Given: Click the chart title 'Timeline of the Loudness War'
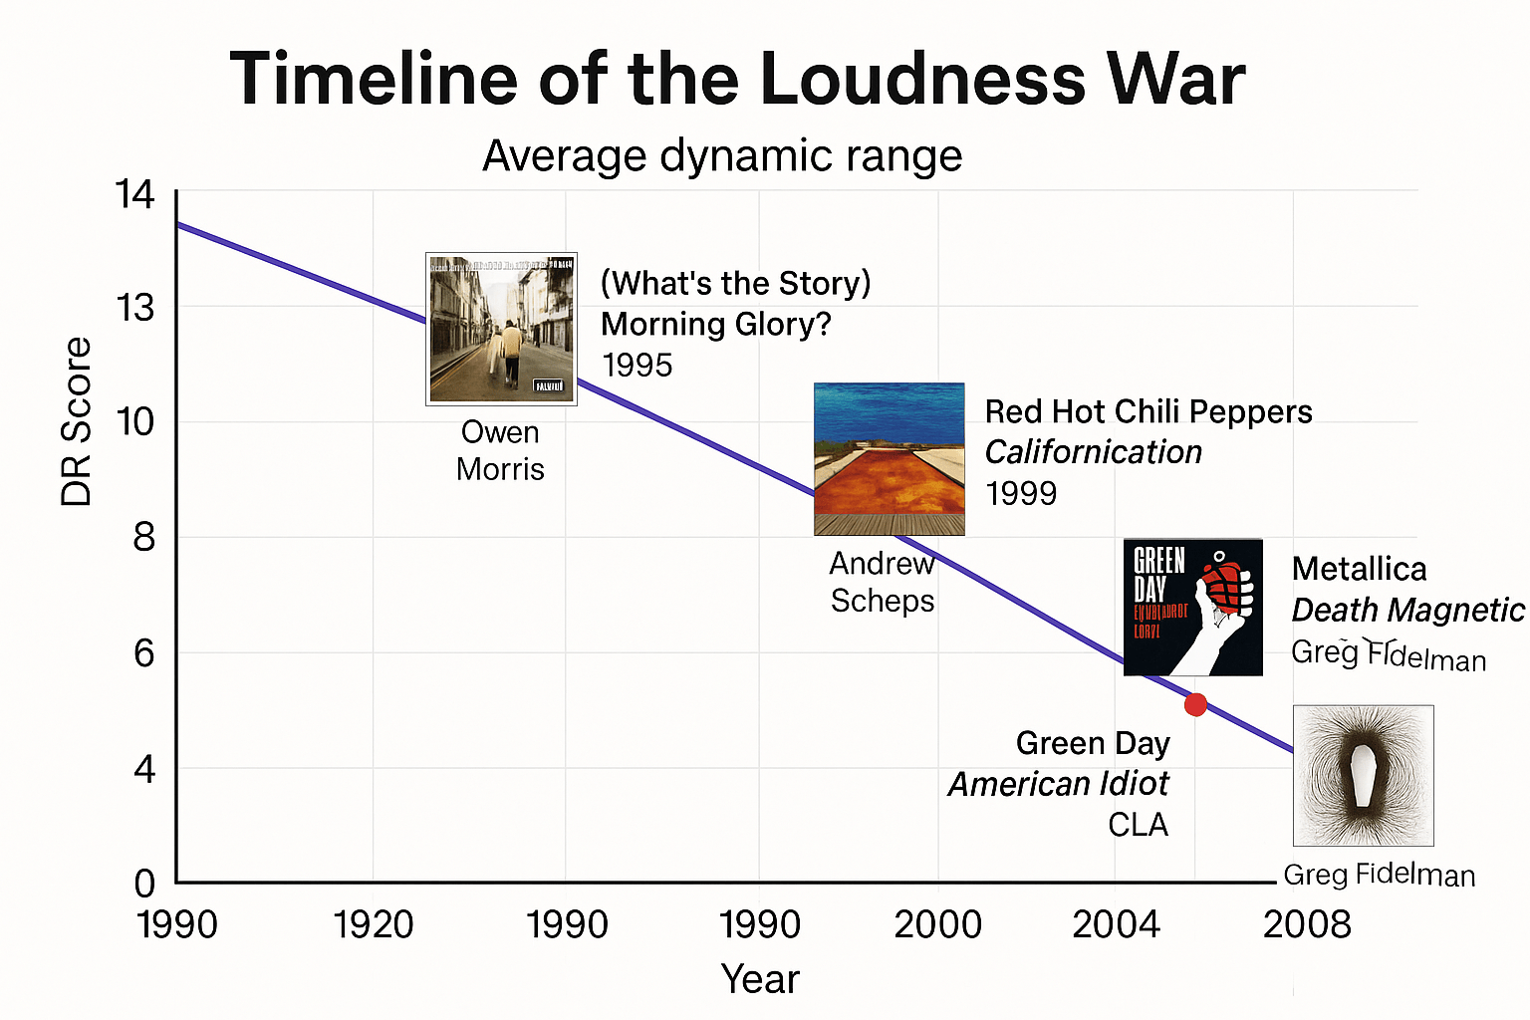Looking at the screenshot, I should [x=737, y=80].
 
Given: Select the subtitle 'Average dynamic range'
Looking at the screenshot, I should [x=722, y=156].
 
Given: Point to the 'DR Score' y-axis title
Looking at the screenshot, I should [x=77, y=421].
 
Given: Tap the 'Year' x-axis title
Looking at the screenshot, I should [x=760, y=979].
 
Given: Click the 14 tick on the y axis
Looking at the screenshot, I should [x=135, y=195].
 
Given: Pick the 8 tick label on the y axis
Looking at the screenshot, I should [x=144, y=538].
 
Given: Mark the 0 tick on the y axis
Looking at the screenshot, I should [x=145, y=883].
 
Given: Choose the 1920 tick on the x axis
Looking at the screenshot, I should [x=373, y=925].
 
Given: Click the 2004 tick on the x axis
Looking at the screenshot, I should [x=1116, y=925].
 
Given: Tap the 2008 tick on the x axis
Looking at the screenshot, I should [x=1307, y=925].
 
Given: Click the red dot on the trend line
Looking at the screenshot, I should [x=1195, y=705].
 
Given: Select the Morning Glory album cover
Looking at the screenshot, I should [x=501, y=329].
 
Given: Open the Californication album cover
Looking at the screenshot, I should [x=889, y=459].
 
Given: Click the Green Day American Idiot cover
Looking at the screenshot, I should [x=1192, y=608].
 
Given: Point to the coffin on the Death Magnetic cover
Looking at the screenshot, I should [x=1362, y=777].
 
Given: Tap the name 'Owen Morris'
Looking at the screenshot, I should [x=500, y=450].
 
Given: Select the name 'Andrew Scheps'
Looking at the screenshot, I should [x=883, y=583].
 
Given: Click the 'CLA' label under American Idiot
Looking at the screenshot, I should [x=1138, y=825].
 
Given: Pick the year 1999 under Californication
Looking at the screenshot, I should [x=1021, y=493].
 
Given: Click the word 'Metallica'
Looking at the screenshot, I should [x=1359, y=569].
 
